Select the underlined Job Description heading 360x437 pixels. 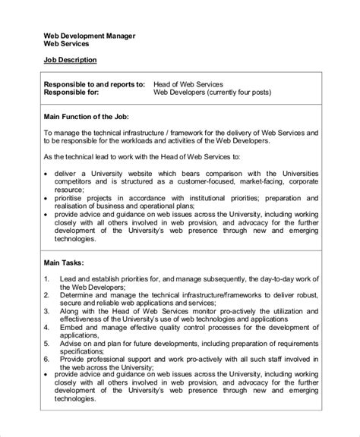(69, 59)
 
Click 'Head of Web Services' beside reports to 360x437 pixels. (190, 83)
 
